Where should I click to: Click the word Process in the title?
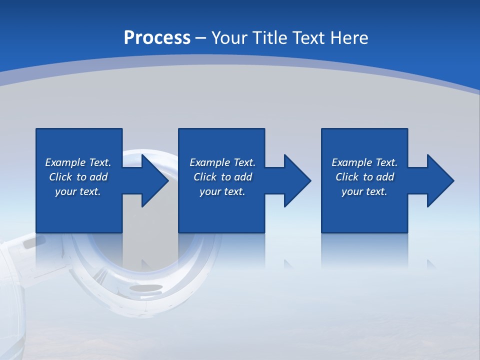click(x=157, y=38)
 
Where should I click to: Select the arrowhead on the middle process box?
click(x=296, y=180)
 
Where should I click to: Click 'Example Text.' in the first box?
click(x=78, y=162)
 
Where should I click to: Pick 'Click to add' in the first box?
click(x=78, y=177)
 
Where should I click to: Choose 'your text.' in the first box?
click(x=78, y=191)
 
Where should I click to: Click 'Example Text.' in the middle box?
click(x=222, y=162)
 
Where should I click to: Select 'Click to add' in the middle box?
click(x=222, y=177)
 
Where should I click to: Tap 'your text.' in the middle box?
click(x=222, y=191)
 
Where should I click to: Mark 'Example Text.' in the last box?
click(x=364, y=162)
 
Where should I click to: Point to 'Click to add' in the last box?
click(x=364, y=177)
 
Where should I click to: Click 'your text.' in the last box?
click(x=364, y=191)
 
